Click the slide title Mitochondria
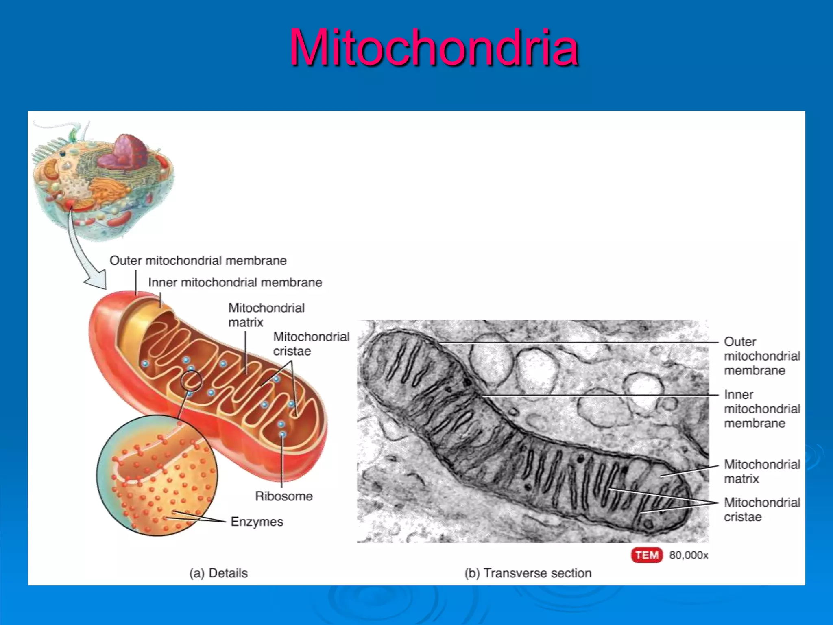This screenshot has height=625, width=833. [x=434, y=47]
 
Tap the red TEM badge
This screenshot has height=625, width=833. [x=647, y=555]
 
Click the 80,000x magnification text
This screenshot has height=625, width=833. [x=689, y=555]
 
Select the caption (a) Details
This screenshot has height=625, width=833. [x=218, y=573]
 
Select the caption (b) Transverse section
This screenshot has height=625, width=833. [x=528, y=573]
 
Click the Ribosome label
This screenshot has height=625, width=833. [x=283, y=496]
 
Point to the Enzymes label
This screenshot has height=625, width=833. [x=257, y=522]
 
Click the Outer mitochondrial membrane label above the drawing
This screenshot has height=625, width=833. [x=198, y=260]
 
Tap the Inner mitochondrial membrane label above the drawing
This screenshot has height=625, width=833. [x=235, y=282]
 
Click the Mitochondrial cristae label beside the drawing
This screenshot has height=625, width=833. [x=311, y=344]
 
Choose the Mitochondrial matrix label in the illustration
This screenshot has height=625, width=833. [x=266, y=315]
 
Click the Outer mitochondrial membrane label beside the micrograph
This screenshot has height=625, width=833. [x=762, y=356]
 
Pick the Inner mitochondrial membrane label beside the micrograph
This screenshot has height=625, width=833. [x=762, y=409]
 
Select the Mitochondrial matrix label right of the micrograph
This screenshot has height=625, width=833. [x=762, y=471]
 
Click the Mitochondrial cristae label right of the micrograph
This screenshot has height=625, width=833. [x=762, y=509]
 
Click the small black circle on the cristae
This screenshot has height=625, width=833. [x=191, y=381]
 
